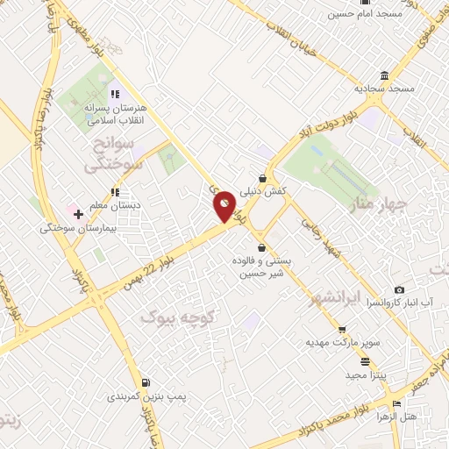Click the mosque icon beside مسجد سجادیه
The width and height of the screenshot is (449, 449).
coord(385,75)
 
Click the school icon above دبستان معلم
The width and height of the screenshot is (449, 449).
coord(114,192)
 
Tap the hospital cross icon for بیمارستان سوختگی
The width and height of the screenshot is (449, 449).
coord(78,213)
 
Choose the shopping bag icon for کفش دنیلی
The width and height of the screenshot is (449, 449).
coord(262,178)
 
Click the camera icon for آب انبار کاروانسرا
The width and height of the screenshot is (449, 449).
coord(400,289)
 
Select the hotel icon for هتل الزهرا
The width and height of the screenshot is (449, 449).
coord(397,403)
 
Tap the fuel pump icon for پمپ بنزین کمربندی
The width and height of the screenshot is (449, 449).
coord(145,383)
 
